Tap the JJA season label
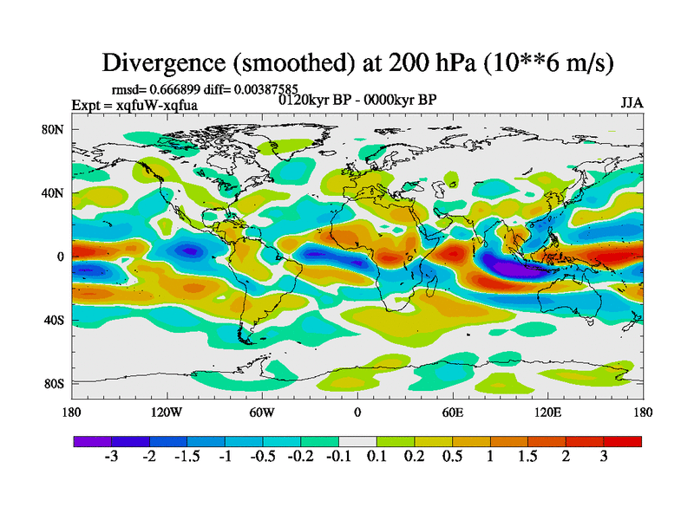[x=632, y=103]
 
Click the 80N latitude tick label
[x=54, y=130]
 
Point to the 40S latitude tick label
[x=54, y=321]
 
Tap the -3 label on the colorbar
[x=111, y=458]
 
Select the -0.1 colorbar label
[x=337, y=458]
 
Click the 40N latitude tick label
[x=54, y=193]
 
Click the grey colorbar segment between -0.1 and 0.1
[x=357, y=441]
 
